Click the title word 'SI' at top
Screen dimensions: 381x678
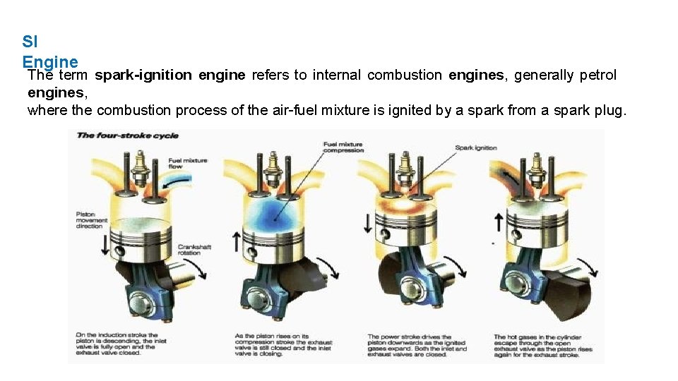[29, 42]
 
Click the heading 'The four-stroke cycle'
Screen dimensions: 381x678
[127, 135]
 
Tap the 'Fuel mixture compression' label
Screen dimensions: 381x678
[343, 147]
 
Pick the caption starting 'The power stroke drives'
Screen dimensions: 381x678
[417, 346]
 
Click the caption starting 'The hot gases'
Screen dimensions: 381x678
[542, 346]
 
